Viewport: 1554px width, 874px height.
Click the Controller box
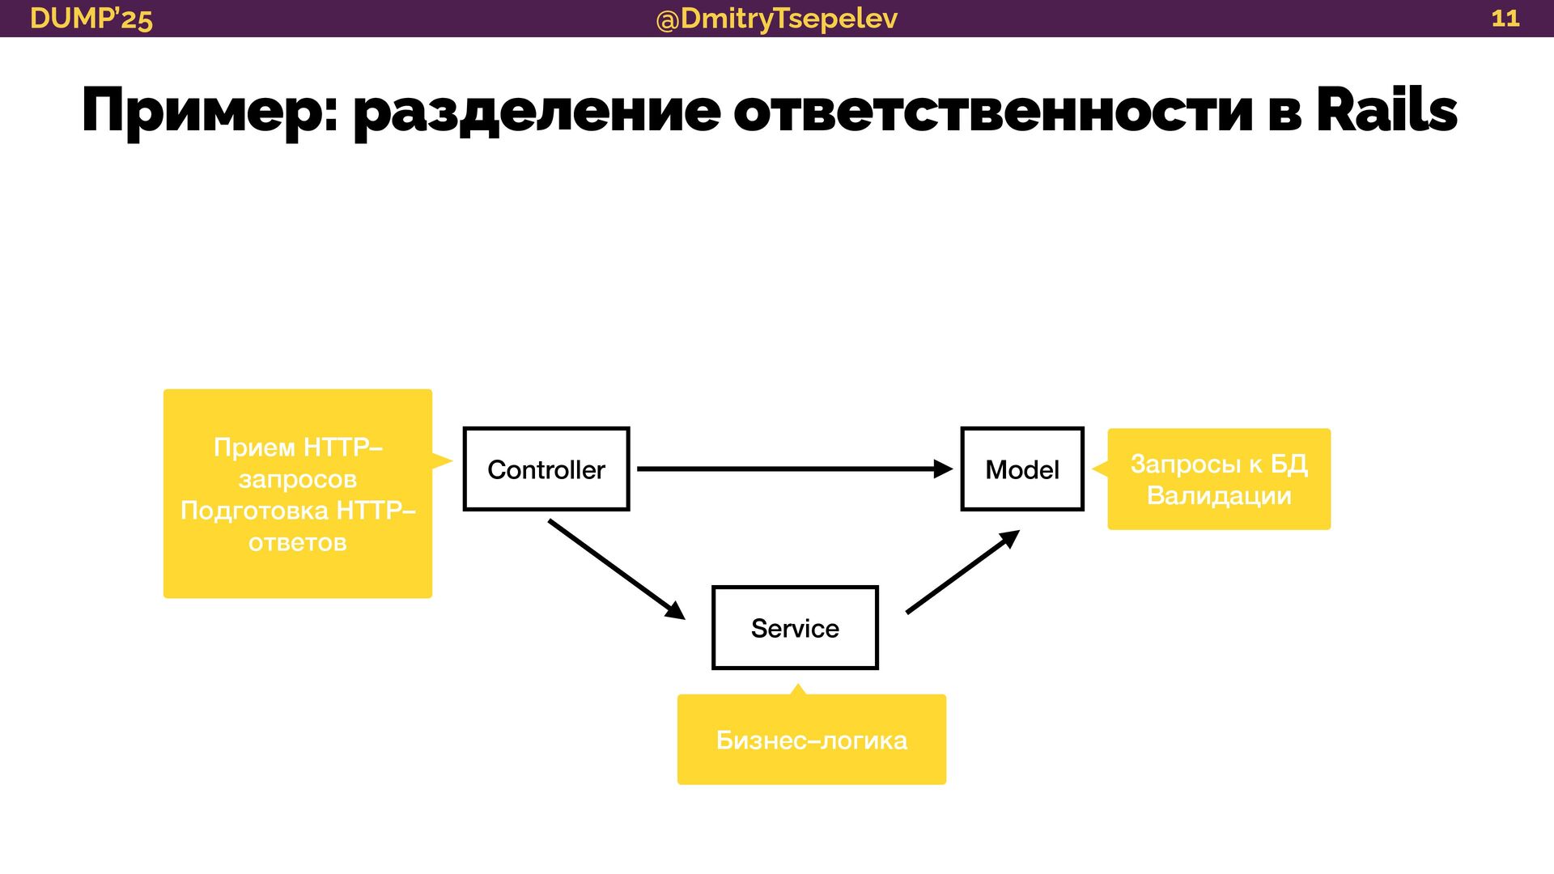click(x=546, y=469)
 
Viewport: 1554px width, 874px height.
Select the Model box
click(x=1021, y=469)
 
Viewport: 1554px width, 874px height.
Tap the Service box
click(x=795, y=628)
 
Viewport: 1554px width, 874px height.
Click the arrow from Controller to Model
click(x=793, y=469)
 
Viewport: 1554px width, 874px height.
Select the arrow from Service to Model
click(x=962, y=572)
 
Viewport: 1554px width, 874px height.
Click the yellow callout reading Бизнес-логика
click(x=811, y=740)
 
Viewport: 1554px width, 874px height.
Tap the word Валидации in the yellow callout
click(x=1219, y=495)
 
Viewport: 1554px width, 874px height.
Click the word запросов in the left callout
click(x=298, y=479)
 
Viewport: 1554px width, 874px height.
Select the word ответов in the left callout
click(x=298, y=542)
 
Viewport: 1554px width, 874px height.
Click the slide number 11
click(x=1505, y=18)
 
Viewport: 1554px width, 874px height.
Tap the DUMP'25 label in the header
click(x=91, y=18)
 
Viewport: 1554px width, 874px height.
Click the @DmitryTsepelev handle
click(x=777, y=18)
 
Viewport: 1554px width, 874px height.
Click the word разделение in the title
click(x=537, y=112)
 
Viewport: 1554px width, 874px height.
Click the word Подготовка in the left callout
click(x=254, y=511)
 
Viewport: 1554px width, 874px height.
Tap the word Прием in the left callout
click(x=254, y=447)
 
